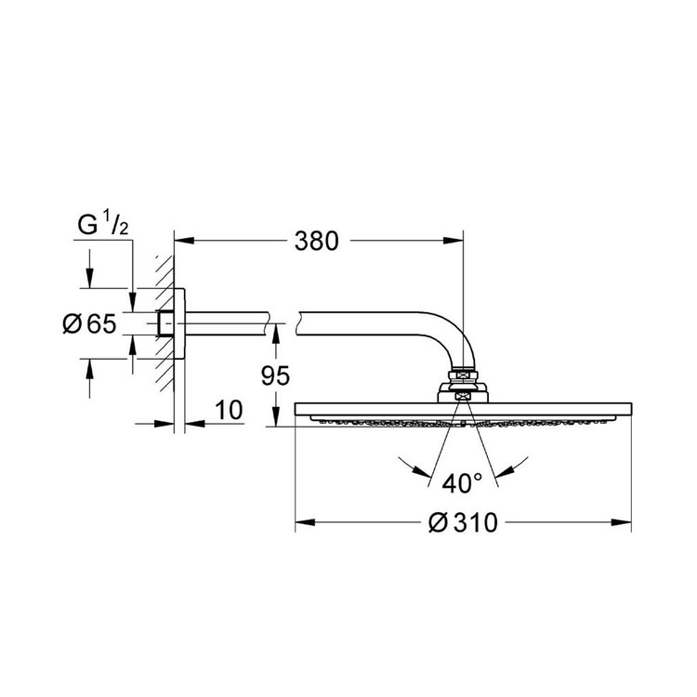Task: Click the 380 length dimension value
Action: coord(313,241)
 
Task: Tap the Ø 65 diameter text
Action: coord(89,324)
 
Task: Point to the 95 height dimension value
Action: coord(276,375)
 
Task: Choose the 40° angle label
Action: coord(462,482)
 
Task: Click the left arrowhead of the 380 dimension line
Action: coord(183,242)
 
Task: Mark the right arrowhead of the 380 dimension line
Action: coord(455,242)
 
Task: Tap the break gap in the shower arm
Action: coord(285,323)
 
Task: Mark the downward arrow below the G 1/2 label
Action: coord(89,280)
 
